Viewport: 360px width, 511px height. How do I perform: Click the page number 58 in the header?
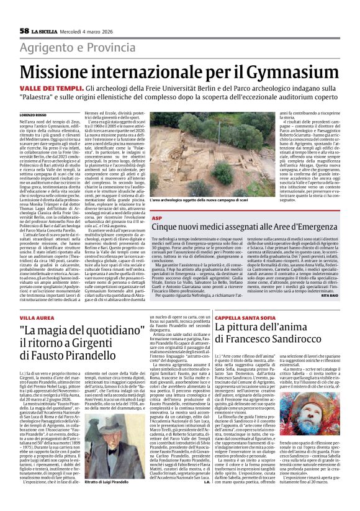[24, 30]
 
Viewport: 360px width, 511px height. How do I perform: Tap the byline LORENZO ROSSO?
[34, 115]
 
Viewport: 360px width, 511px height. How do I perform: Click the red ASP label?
[157, 219]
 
